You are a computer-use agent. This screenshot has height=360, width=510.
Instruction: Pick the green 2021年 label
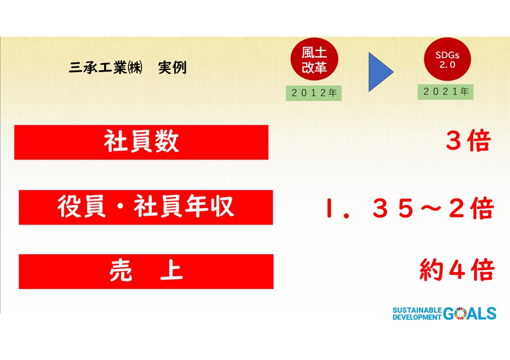pyautogui.click(x=446, y=92)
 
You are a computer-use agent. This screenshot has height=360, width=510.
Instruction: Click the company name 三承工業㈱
pyautogui.click(x=106, y=68)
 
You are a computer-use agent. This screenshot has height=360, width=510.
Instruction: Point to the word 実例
pyautogui.click(x=172, y=68)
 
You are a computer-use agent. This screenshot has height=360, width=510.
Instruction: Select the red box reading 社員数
pyautogui.click(x=141, y=142)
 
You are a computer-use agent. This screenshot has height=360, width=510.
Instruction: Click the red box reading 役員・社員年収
pyautogui.click(x=145, y=207)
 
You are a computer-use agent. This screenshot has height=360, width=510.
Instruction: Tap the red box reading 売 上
pyautogui.click(x=145, y=272)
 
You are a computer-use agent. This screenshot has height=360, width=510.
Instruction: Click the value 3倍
pyautogui.click(x=468, y=142)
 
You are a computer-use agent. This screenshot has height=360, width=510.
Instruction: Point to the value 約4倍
pyautogui.click(x=456, y=270)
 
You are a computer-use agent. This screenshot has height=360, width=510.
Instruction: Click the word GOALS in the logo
pyautogui.click(x=470, y=313)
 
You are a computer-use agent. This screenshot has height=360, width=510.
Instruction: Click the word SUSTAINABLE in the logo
pyautogui.click(x=417, y=310)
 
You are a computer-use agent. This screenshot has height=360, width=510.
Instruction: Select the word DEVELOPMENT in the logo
pyautogui.click(x=417, y=317)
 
